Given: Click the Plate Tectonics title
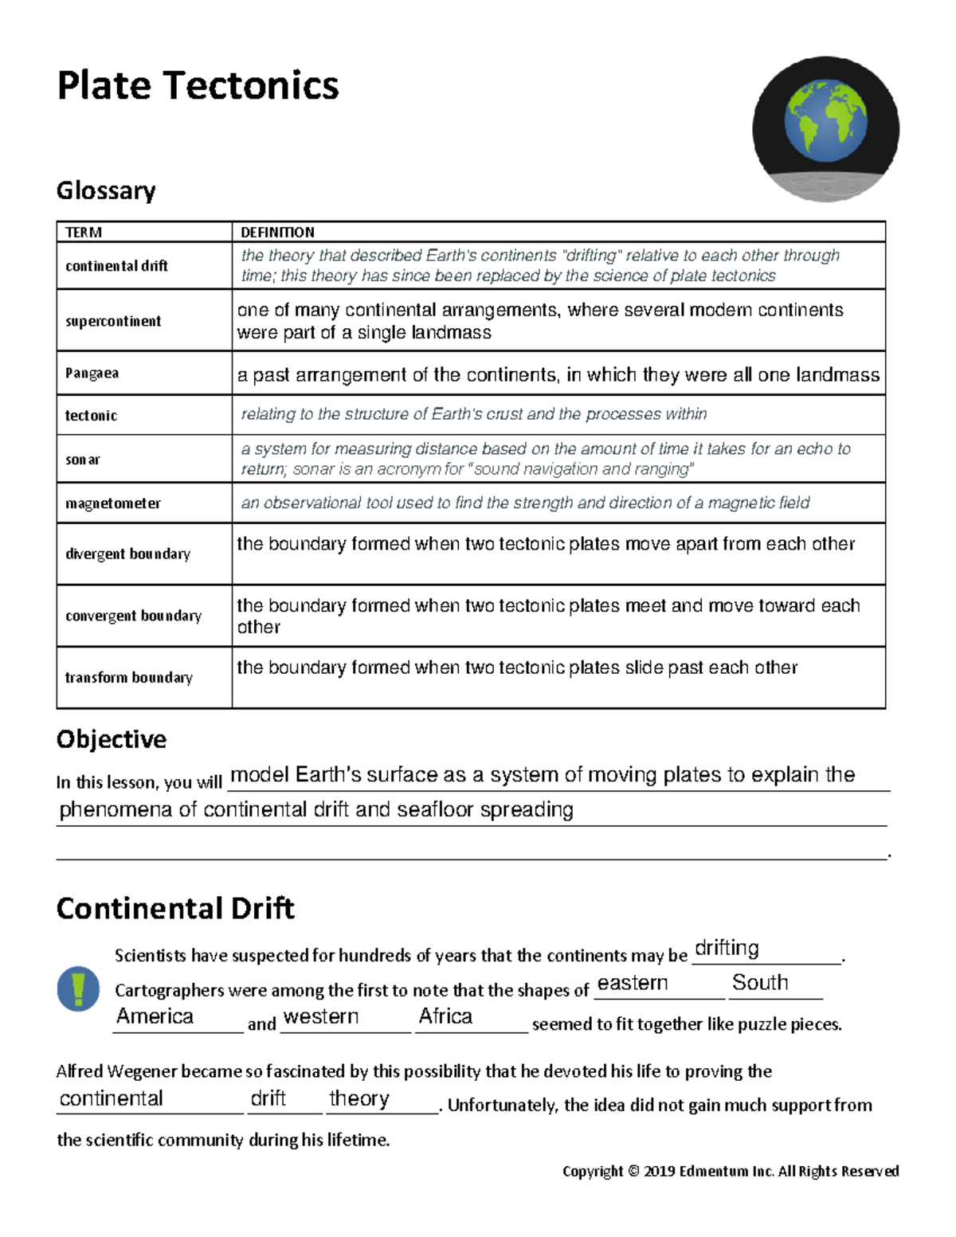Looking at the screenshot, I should pos(198,85).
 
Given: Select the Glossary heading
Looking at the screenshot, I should pos(106,190).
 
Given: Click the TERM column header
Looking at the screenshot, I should pos(84,232).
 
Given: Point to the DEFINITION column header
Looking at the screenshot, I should pos(277,232).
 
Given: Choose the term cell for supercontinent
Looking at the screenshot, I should pos(113,321).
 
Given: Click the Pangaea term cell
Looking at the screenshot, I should pos(92,373).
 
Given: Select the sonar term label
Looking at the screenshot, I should pos(83,460).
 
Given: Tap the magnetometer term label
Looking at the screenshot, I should pos(113,503).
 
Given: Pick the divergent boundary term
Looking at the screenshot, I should pos(127,554).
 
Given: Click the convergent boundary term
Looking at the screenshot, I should pos(133,616).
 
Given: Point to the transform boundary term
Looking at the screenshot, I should pos(128,678).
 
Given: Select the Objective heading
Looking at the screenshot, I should pos(112,739).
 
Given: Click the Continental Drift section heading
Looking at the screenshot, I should pos(175,908).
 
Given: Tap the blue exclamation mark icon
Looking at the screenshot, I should pos(78,989).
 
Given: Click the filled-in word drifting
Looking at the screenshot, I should pos(727,948).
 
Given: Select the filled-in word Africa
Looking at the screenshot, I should pos(445,1016).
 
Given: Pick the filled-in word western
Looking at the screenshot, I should pos(321,1016).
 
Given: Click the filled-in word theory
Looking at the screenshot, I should pos(359,1098).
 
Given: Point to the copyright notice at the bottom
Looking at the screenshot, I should pos(731,1171).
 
